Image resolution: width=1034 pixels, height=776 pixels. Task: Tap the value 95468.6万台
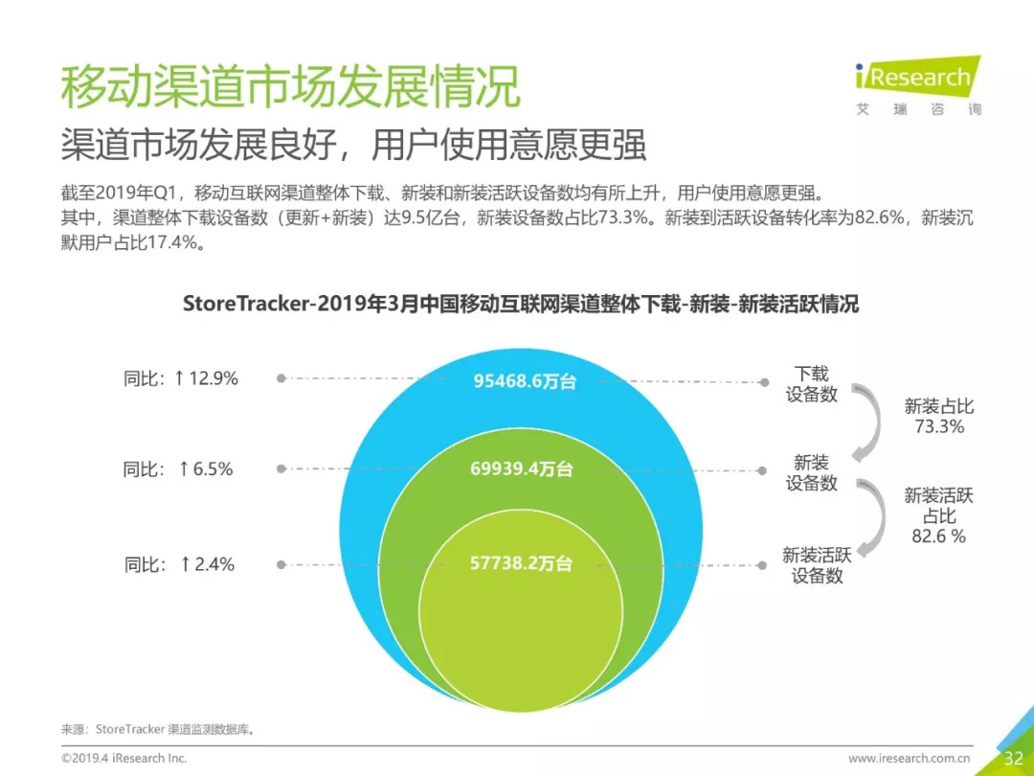526,380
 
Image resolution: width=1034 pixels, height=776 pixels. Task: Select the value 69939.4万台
522,468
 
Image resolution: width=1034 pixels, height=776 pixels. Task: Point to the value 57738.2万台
521,563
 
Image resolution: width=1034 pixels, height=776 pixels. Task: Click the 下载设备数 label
812,383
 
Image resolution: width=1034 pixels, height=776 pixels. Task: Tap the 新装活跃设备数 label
817,565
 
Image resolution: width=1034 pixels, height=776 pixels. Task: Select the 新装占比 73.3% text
938,416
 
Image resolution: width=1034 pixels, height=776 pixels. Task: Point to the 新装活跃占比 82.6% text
938,515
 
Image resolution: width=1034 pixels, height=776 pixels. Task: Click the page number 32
1013,759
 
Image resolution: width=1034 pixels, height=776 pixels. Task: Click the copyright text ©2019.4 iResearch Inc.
124,758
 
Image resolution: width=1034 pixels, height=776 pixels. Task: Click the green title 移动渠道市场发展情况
290,87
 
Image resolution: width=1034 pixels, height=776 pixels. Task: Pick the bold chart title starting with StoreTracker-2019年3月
521,304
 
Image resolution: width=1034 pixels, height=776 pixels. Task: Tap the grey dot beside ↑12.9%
281,378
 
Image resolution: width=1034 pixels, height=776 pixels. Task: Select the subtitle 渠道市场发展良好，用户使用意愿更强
353,145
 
